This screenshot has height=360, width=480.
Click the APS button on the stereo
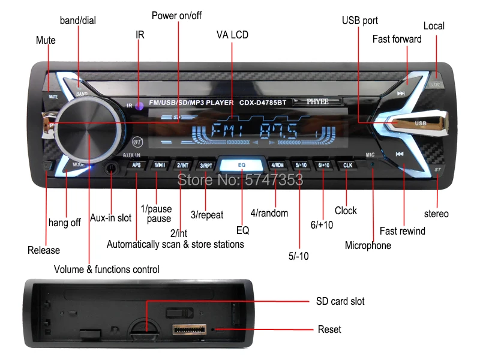coord(136,164)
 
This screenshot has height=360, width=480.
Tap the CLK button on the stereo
coord(347,164)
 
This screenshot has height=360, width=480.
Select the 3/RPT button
coord(206,165)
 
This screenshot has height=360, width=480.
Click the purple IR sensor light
coord(139,106)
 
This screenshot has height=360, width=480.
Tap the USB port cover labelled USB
coord(420,124)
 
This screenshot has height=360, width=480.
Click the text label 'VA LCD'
coord(232,35)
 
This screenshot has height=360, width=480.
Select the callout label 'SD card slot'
coord(340,301)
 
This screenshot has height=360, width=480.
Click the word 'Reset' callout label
coord(329,329)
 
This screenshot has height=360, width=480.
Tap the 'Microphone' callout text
coord(368,245)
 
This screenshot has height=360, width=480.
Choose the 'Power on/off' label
coord(176,16)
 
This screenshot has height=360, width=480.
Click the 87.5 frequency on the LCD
coord(280,130)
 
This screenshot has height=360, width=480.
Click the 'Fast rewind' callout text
coord(403,231)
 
